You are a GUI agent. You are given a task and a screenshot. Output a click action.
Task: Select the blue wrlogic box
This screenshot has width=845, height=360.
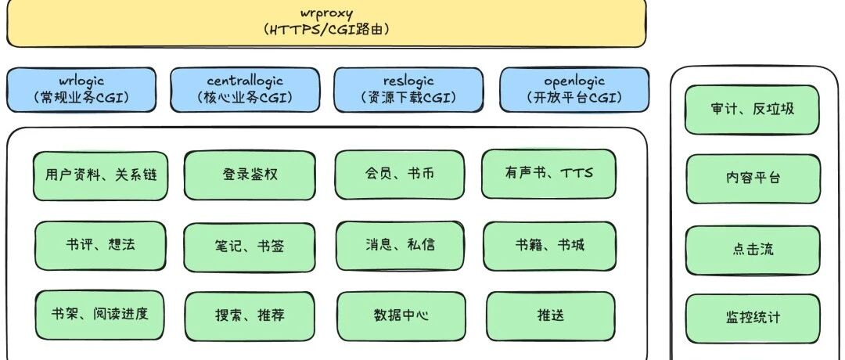tap(81, 89)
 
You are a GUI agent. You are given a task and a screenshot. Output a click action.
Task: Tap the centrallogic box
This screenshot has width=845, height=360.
tap(245, 89)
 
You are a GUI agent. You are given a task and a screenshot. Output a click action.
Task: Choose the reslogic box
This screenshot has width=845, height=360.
tap(409, 89)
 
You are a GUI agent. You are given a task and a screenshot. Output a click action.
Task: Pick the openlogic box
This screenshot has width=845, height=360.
tap(574, 89)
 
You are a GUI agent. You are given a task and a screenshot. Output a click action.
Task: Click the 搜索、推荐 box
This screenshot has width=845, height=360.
tap(250, 316)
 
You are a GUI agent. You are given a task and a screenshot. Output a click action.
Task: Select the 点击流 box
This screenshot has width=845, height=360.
tap(752, 250)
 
